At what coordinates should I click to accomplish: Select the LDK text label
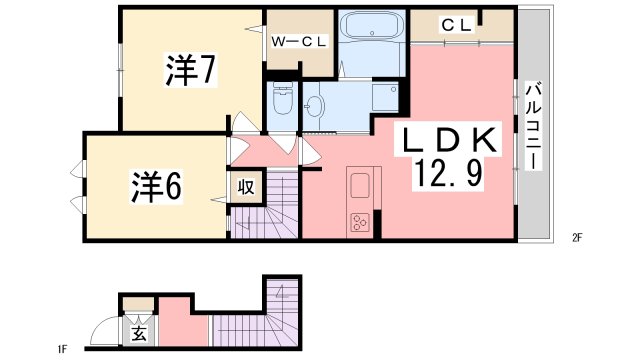click(x=449, y=140)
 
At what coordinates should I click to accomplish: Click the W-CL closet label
click(x=301, y=42)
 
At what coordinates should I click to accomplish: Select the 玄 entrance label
click(x=136, y=333)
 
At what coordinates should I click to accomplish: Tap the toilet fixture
click(x=281, y=102)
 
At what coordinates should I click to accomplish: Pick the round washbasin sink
click(x=316, y=107)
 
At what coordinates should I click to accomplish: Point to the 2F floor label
click(x=577, y=238)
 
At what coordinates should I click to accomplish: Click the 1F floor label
click(x=62, y=349)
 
